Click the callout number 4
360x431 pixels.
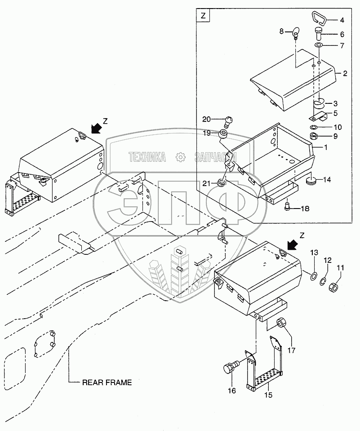(x=342, y=20)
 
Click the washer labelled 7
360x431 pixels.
(x=318, y=46)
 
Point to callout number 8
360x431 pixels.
(x=281, y=31)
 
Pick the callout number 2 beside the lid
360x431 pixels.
(x=345, y=73)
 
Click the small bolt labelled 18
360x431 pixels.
(x=288, y=207)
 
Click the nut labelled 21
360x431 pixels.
(x=221, y=182)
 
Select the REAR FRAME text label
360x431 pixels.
(x=107, y=382)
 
